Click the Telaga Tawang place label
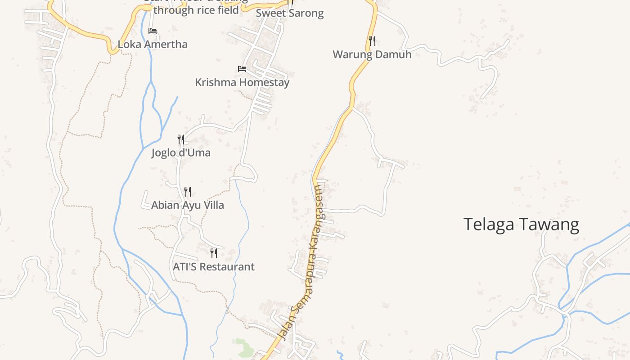[x=521, y=224]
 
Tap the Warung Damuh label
[x=372, y=54]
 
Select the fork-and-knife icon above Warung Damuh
[x=372, y=41]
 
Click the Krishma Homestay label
[x=242, y=82]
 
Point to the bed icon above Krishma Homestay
[x=242, y=69]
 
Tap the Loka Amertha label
[x=153, y=44]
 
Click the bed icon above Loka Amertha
[x=153, y=31]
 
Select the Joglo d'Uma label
[x=181, y=153]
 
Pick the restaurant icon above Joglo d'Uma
[x=181, y=139]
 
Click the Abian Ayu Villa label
[x=188, y=205]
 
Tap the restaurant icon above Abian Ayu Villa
[x=188, y=192]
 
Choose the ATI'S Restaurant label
[x=214, y=266]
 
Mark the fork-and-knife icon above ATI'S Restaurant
[x=214, y=253]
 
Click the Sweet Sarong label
[x=290, y=13]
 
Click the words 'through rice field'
[x=196, y=10]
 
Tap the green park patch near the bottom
[x=243, y=348]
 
